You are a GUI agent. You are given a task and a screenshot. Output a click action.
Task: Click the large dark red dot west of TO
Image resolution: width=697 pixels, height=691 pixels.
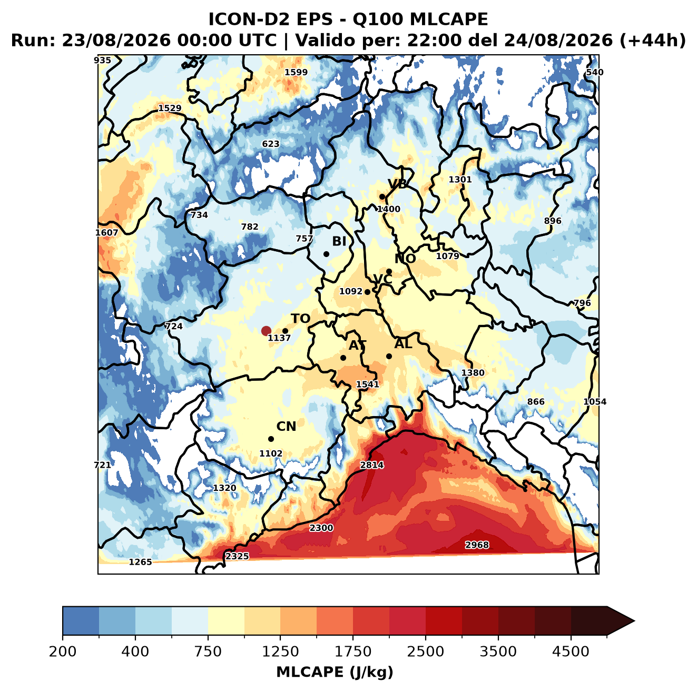266,330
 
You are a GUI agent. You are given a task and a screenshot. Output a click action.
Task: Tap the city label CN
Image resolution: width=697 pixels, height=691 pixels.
286,426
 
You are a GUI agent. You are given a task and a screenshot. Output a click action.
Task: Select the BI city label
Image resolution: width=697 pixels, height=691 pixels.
339,241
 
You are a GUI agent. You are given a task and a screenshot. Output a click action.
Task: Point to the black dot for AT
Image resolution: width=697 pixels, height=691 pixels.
343,358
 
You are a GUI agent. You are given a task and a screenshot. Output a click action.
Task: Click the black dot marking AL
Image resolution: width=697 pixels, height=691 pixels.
389,356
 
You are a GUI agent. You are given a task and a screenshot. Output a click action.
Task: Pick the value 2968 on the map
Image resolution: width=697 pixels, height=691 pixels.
477,545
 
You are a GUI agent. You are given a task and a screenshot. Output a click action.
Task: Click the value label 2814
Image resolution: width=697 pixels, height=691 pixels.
371,465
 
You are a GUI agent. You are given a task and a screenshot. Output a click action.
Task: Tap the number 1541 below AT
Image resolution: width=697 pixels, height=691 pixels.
368,384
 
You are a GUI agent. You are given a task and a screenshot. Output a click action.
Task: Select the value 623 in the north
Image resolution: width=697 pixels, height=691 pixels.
271,144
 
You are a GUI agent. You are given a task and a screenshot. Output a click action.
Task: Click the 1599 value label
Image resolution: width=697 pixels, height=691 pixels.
296,72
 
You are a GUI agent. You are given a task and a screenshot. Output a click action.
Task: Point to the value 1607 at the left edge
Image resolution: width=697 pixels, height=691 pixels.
107,232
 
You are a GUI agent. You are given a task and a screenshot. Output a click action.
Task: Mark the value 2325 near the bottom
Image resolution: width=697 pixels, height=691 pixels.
237,556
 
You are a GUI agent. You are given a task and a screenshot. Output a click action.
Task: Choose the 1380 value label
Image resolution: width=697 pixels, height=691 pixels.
473,372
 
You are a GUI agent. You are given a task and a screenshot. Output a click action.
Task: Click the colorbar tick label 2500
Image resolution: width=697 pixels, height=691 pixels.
425,651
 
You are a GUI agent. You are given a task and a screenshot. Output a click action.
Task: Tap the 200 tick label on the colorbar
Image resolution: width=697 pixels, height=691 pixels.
63,651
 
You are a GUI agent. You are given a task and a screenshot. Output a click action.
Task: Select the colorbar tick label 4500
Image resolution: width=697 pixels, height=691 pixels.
571,651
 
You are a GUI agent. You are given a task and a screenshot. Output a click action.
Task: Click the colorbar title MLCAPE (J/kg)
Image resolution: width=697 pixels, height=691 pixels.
335,672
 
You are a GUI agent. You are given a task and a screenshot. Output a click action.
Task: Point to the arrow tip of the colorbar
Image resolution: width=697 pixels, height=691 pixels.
634,621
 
